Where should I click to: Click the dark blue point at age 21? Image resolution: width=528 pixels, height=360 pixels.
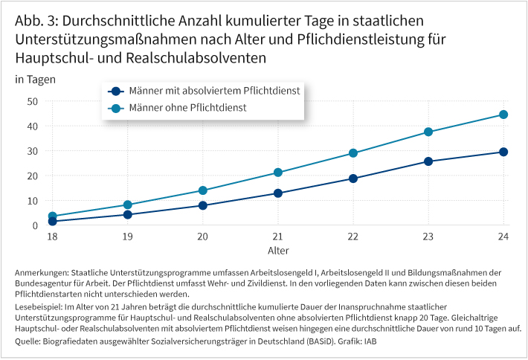[x=278, y=193]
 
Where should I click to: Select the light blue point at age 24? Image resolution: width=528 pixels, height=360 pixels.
[x=503, y=115]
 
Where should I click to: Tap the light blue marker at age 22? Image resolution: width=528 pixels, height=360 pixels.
[x=353, y=153]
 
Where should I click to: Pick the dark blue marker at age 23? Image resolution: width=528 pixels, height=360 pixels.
[x=428, y=161]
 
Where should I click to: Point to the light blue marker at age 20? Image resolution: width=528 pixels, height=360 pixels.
[x=202, y=190]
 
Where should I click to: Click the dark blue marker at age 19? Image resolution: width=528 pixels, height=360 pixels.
[x=127, y=215]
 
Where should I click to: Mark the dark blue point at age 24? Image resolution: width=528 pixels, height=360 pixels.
[x=503, y=152]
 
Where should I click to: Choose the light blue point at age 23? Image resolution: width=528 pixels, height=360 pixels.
[x=428, y=132]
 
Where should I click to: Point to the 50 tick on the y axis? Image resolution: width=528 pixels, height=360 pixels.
[x=32, y=101]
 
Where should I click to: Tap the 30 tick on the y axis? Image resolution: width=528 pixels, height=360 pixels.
[x=32, y=151]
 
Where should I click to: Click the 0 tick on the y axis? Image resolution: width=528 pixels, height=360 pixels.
[x=35, y=225]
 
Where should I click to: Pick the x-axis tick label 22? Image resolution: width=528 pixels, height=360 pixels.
[x=353, y=236]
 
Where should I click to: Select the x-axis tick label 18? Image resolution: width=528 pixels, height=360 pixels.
[x=52, y=236]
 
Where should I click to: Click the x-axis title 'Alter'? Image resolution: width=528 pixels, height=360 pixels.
[x=278, y=250]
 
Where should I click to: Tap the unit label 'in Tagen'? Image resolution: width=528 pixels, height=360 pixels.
[x=35, y=79]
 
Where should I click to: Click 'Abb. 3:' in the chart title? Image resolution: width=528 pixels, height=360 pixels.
[x=38, y=21]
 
